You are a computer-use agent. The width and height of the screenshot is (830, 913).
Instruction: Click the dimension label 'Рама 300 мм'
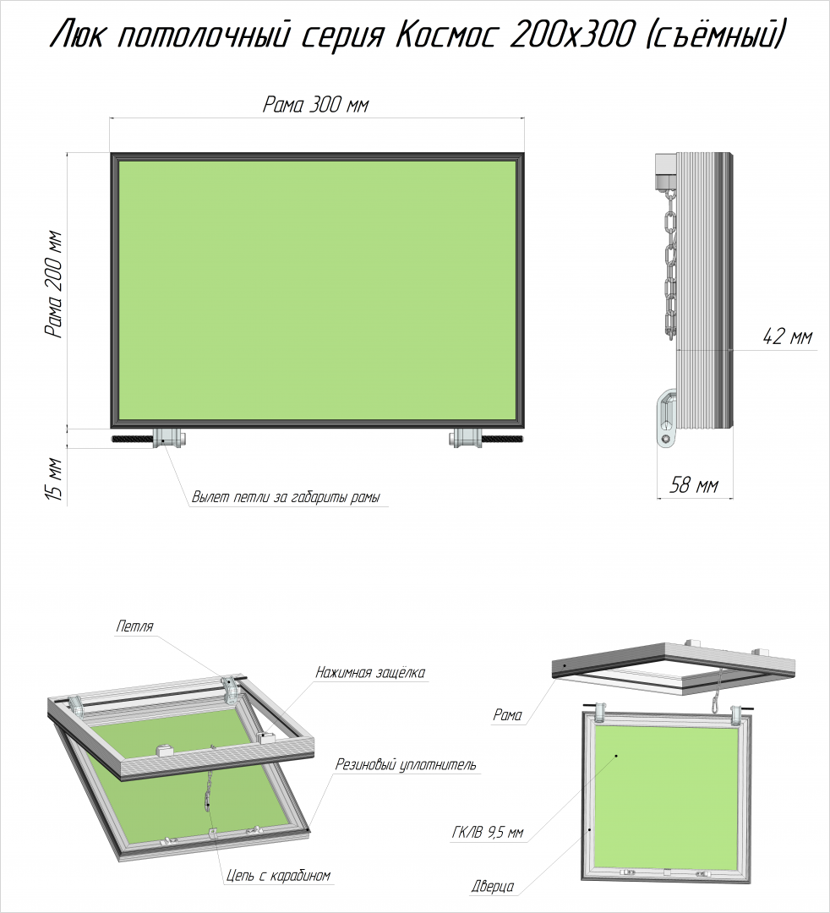(x=315, y=104)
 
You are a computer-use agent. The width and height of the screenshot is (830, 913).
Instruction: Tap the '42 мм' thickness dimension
(x=787, y=336)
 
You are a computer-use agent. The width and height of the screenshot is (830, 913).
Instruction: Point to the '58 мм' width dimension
(x=693, y=484)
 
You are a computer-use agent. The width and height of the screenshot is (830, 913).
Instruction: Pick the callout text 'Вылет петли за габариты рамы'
(x=286, y=498)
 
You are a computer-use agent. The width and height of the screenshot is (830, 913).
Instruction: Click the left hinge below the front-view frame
(x=169, y=438)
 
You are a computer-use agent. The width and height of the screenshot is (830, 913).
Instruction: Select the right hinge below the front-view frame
(x=467, y=438)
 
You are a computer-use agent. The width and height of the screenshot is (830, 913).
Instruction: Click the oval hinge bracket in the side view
(x=666, y=418)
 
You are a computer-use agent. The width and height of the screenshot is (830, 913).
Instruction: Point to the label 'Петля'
(x=134, y=626)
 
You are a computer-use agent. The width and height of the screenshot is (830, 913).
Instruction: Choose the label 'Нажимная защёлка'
(x=370, y=673)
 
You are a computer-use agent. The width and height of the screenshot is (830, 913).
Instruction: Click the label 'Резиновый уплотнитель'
(x=406, y=764)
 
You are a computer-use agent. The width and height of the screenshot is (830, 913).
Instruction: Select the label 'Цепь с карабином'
(x=278, y=875)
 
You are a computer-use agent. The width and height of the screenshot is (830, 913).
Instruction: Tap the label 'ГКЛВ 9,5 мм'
(x=487, y=833)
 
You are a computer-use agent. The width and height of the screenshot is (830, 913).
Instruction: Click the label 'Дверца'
(x=493, y=886)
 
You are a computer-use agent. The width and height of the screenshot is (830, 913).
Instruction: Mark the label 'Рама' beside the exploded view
(x=507, y=715)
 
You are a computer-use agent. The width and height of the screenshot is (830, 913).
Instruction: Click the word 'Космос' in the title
(x=445, y=36)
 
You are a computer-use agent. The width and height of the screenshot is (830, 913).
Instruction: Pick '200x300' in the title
(x=571, y=36)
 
